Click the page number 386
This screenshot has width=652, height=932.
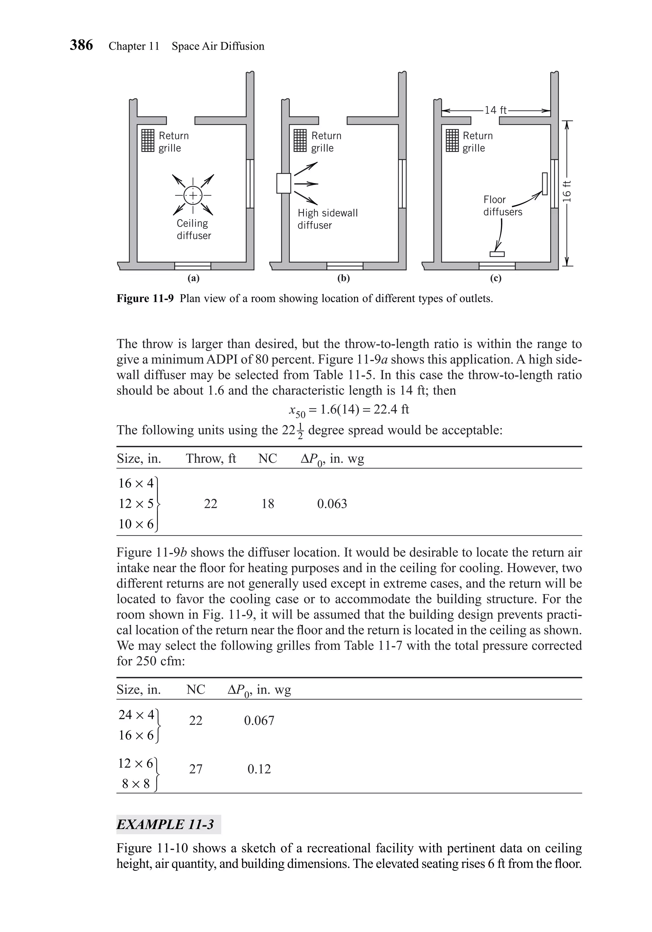click(81, 45)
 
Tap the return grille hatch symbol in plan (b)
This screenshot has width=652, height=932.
click(300, 140)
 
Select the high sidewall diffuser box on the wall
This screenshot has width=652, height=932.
click(284, 183)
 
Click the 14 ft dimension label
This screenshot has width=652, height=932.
click(495, 110)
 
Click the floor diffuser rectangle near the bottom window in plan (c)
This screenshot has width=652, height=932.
click(497, 254)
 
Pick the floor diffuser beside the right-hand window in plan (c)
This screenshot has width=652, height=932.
click(544, 183)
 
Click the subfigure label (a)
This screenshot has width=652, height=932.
click(194, 278)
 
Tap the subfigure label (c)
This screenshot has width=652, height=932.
click(495, 278)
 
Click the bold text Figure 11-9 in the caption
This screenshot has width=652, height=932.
click(145, 299)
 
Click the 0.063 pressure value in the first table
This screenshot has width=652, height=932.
click(332, 504)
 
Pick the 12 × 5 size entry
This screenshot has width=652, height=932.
click(136, 504)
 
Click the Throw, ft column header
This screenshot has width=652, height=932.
click(210, 459)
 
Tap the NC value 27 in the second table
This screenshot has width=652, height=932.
click(195, 769)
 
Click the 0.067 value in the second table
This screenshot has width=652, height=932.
click(259, 721)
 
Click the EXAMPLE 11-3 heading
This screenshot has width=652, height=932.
click(165, 824)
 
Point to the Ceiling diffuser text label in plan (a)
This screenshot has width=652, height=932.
click(194, 229)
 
